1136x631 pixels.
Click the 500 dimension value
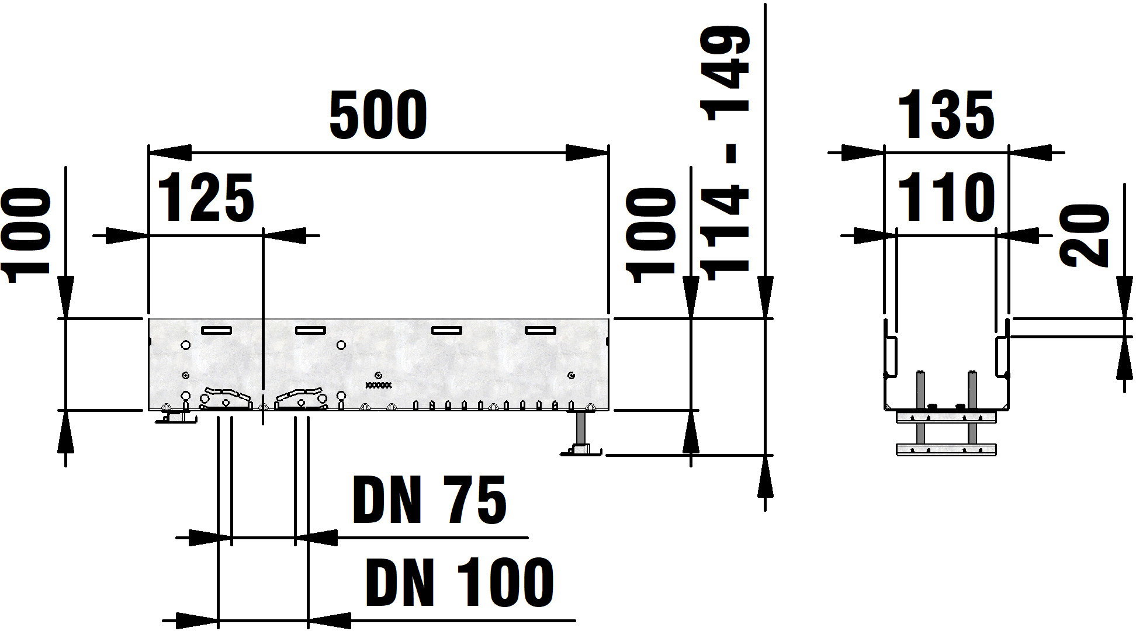coord(378,115)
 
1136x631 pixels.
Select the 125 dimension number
coord(207,199)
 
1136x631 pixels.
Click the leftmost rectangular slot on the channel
coord(216,330)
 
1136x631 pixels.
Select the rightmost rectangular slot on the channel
coord(540,330)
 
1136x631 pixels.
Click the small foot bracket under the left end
coord(174,418)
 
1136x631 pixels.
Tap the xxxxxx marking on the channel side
coord(379,385)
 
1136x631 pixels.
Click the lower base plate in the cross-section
coord(945,449)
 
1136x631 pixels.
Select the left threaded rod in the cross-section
coord(922,409)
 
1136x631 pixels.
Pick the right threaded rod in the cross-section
coord(971,409)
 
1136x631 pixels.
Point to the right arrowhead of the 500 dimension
coord(587,152)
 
